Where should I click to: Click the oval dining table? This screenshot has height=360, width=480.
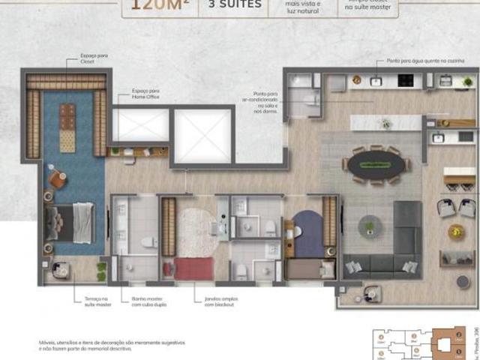[x=373, y=164]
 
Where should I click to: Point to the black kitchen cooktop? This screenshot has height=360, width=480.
[x=406, y=80]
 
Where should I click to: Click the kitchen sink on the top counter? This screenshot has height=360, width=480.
[x=375, y=80]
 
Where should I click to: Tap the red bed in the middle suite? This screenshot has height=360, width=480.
[x=193, y=268]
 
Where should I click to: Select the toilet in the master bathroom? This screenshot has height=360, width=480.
[x=148, y=241]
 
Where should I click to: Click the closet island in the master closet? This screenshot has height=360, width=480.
[x=67, y=126]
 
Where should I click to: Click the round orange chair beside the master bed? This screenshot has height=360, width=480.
[x=57, y=179]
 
